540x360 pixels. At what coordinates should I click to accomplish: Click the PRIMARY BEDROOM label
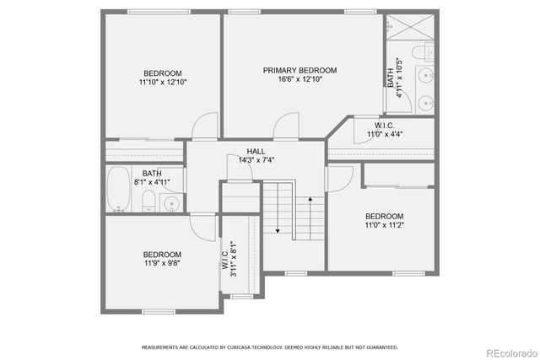coord(300,70)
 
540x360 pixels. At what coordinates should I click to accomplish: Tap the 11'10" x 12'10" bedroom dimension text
coord(162,83)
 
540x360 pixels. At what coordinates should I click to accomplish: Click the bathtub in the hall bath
coord(120,189)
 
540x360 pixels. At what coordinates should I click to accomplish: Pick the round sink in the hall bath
coord(172,202)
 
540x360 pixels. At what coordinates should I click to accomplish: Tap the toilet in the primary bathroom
coord(425,51)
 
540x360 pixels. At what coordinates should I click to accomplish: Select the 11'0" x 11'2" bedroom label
coord(384,221)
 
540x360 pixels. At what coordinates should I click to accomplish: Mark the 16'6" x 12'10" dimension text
coord(300,79)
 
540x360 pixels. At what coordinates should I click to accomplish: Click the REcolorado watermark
coord(508,352)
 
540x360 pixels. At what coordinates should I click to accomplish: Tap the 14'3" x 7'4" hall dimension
coord(256,160)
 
